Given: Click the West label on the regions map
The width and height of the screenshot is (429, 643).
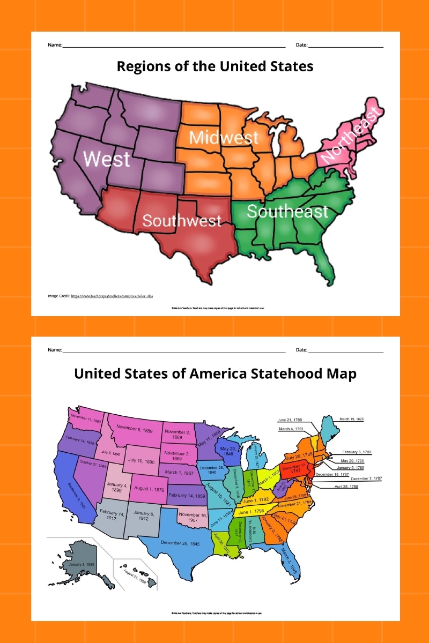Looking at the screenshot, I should [107, 159].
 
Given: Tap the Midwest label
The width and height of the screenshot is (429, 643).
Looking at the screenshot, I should [224, 138].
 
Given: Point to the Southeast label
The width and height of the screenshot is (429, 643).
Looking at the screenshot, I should [287, 211].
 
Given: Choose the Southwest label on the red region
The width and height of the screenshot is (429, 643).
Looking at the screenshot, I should [182, 220].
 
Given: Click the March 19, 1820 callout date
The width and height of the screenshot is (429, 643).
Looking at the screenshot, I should [352, 419].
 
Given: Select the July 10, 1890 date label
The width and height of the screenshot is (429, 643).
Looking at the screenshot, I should [141, 460].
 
